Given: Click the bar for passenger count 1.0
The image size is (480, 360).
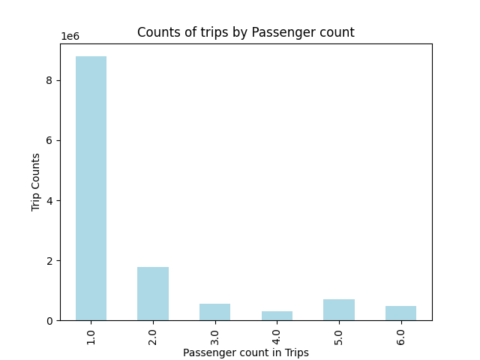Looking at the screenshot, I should click(x=91, y=188).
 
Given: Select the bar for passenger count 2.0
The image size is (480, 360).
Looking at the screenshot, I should click(x=153, y=294).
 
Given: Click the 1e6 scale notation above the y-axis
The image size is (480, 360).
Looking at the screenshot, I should click(x=70, y=36).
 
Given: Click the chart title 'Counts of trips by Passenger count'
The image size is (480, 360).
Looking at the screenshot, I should click(x=245, y=32).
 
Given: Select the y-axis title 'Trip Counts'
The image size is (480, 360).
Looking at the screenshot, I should click(x=36, y=181).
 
